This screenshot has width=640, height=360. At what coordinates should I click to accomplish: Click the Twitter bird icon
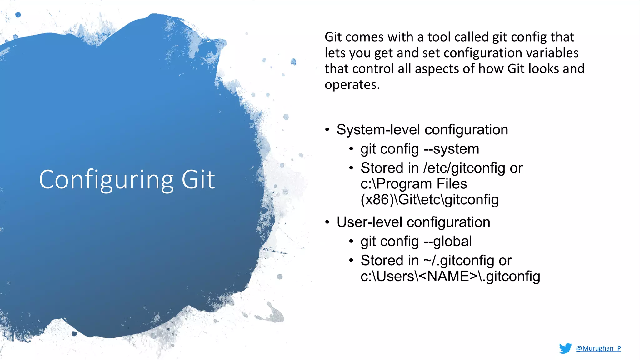[x=565, y=348]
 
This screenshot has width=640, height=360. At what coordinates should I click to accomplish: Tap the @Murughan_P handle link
[x=598, y=348]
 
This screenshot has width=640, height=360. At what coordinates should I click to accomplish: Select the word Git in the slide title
[x=198, y=180]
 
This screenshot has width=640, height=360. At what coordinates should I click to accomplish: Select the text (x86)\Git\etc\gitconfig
[x=429, y=200]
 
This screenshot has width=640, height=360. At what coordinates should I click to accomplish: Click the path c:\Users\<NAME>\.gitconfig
[x=450, y=277]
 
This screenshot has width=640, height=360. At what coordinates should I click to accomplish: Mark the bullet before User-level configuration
[x=327, y=222]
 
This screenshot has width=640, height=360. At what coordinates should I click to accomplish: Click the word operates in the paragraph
[x=352, y=85]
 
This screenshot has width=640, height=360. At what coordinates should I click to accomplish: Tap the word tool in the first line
[x=439, y=37]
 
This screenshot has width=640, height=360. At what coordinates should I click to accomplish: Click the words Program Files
[x=422, y=184]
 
